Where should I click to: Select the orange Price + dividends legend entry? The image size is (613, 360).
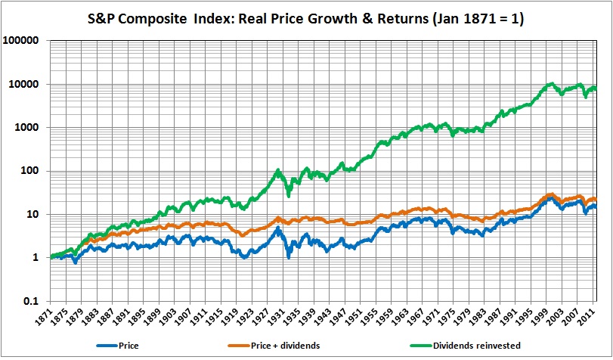[x=286, y=346]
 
